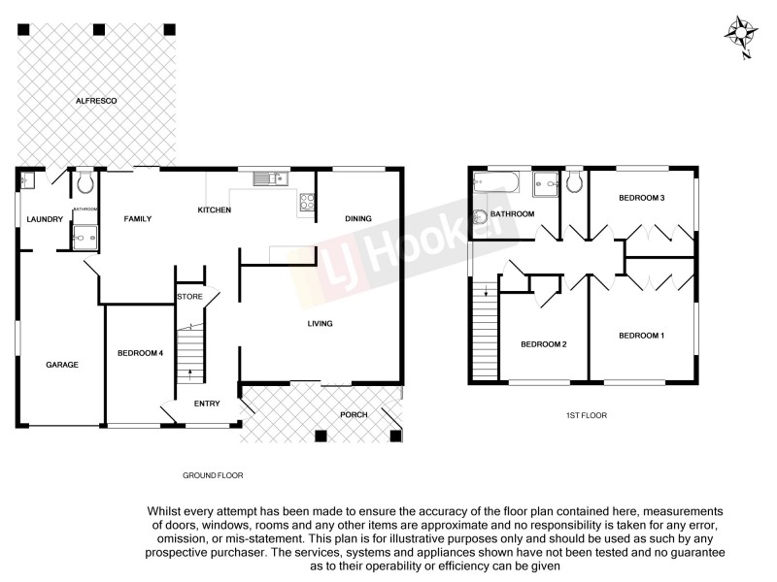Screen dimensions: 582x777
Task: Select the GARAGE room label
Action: (x=61, y=365)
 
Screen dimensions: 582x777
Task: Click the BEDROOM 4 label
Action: (x=139, y=352)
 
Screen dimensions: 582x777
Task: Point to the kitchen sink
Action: (x=267, y=178)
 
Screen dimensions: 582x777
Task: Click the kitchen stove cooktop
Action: (x=306, y=202)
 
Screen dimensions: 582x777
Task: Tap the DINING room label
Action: (x=358, y=218)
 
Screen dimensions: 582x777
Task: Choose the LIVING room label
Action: (x=320, y=324)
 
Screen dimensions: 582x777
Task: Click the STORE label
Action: (x=188, y=297)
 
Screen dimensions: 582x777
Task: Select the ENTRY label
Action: (x=207, y=404)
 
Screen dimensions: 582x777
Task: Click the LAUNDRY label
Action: (x=45, y=219)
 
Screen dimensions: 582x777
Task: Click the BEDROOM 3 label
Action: (x=642, y=198)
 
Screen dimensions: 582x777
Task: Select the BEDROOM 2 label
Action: (x=543, y=344)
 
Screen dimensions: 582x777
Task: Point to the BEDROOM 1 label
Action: (x=642, y=336)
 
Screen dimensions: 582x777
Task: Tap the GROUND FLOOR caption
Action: (x=213, y=475)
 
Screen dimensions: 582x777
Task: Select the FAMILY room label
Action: (x=138, y=219)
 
